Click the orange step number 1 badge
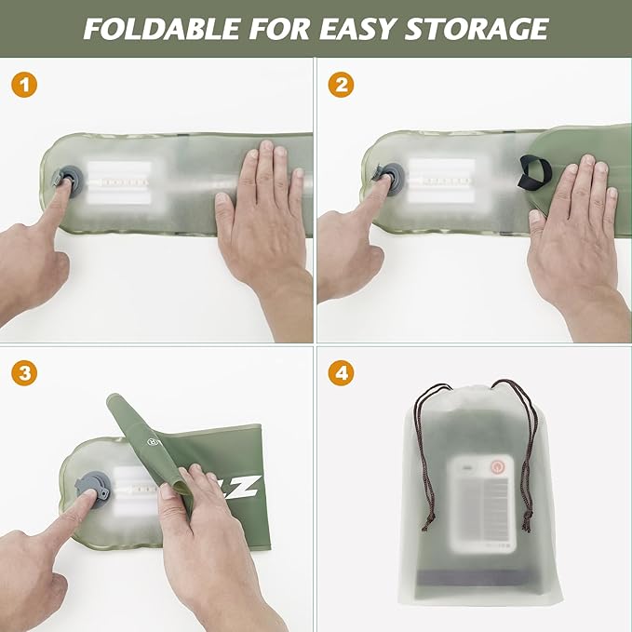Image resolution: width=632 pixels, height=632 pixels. click(x=27, y=85)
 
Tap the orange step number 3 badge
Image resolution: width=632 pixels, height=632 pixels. click(x=27, y=373)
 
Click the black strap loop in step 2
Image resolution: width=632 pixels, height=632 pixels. click(x=534, y=171)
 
